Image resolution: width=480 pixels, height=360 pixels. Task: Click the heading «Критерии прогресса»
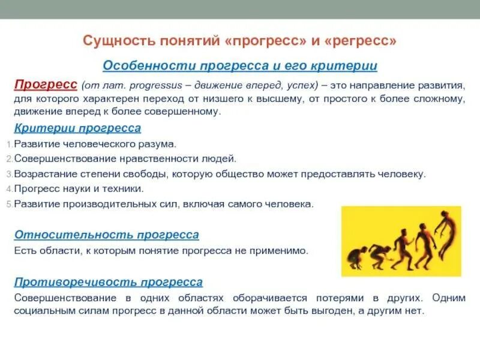click(x=77, y=128)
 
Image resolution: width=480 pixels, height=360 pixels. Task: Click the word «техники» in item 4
click(x=124, y=189)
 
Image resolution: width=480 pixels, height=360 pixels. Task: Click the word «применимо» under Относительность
click(x=282, y=251)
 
